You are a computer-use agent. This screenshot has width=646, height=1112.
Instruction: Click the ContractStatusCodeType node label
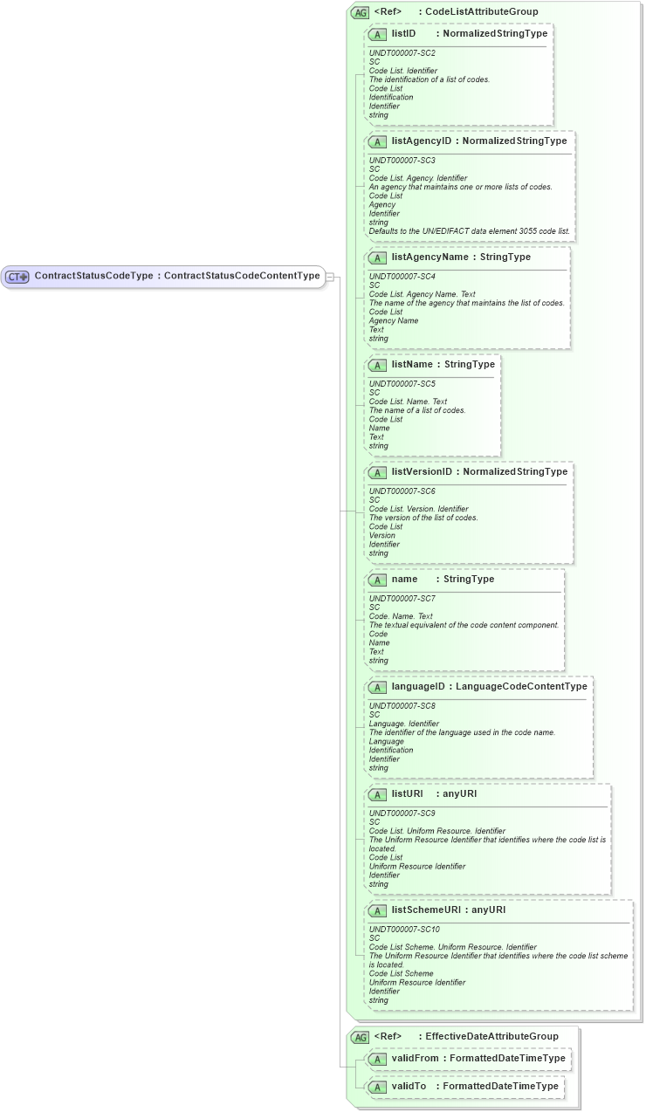(93, 277)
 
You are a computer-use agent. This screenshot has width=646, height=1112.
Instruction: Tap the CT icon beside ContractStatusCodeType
(17, 277)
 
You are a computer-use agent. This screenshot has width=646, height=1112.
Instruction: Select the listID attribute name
(403, 34)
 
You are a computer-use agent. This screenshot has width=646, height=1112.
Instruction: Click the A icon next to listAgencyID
(377, 141)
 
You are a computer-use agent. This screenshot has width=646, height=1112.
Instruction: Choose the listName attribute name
(411, 365)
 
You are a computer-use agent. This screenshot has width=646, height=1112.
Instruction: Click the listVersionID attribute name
(423, 472)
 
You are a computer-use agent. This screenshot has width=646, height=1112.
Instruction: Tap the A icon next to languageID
(377, 687)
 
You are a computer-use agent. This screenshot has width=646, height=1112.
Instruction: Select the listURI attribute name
(407, 794)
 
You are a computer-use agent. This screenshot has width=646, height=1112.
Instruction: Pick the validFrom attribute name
(415, 1059)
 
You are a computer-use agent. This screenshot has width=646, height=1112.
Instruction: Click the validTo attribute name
(409, 1087)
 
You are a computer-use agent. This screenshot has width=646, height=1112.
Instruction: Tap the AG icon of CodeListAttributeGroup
(360, 12)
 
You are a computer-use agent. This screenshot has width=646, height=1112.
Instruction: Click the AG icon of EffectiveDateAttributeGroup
(360, 1037)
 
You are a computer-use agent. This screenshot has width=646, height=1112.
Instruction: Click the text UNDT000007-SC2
(402, 53)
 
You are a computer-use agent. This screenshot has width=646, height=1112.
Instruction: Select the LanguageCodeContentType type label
(521, 687)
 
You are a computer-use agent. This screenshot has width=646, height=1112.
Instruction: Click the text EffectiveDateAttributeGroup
(491, 1037)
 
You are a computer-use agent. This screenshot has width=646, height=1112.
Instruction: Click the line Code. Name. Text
(401, 616)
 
